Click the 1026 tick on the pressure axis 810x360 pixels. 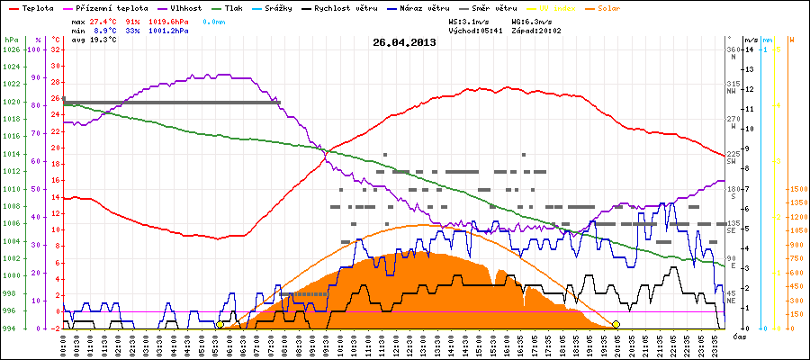[x=11, y=49]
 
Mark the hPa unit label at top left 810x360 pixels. [x=11, y=40]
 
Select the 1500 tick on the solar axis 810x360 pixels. [x=797, y=189]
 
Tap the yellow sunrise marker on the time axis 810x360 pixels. [x=220, y=324]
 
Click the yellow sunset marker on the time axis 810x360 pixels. [x=616, y=324]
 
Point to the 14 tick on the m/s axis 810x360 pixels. [x=749, y=49]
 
